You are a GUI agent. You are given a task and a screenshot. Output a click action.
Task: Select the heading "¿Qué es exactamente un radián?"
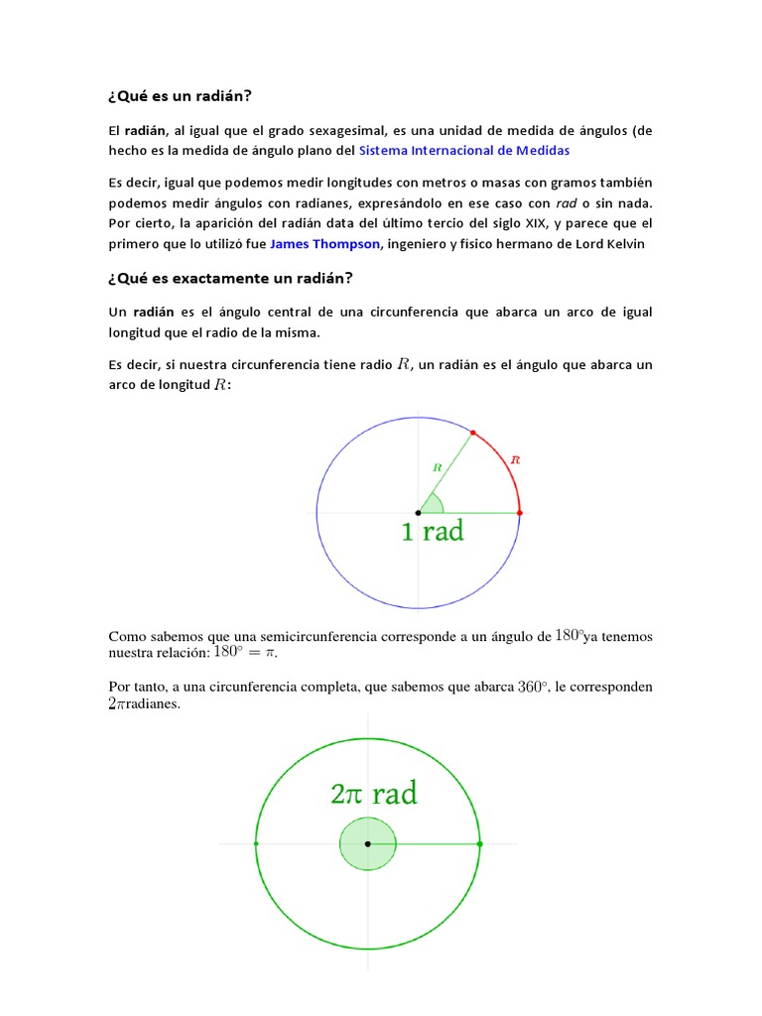pos(230,277)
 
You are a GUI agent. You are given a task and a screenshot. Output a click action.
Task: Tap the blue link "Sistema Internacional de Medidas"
pos(464,151)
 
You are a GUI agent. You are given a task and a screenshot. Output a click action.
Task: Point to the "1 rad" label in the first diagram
pos(432,532)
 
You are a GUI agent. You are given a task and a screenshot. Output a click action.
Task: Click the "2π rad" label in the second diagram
pos(373,794)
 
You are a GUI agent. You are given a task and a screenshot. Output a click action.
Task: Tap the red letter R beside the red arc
pos(514,459)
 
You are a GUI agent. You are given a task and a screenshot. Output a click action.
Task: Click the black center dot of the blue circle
pos(418,512)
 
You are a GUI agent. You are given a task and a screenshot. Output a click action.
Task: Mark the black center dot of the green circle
pos(368,843)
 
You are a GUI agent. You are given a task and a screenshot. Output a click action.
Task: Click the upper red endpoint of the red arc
pos(472,432)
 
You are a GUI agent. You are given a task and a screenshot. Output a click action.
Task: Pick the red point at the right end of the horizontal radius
pos(520,512)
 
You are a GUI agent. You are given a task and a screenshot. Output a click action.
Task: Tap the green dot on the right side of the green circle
pos(480,843)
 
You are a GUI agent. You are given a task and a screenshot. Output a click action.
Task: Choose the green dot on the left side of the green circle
pos(256,843)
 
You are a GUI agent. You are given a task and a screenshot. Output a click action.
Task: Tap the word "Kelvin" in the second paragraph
pos(625,243)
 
